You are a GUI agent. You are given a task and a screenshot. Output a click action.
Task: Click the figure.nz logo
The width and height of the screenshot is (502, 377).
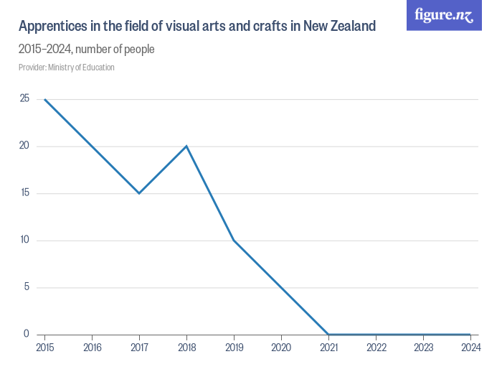coord(444,15)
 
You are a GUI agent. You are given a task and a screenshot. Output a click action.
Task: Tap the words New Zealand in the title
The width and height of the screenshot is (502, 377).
coord(339,27)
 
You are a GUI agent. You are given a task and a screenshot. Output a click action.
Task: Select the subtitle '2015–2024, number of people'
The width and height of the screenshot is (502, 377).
coord(87,50)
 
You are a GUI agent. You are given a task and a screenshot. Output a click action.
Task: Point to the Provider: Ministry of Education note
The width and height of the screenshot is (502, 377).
coord(67,68)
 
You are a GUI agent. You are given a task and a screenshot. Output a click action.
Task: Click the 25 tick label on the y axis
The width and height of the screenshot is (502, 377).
coord(24,99)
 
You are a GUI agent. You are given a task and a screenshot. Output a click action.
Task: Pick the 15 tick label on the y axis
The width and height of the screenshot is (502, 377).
coord(24,193)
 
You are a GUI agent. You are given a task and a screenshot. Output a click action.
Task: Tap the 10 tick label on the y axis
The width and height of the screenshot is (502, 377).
coord(24,240)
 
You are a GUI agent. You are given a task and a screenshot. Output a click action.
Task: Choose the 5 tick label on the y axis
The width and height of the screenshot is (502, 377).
coord(27,287)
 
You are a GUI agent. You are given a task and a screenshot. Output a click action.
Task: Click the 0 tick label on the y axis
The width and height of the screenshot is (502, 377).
coord(27,334)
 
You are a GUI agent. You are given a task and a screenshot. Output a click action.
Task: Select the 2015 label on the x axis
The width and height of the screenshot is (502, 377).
coord(44,348)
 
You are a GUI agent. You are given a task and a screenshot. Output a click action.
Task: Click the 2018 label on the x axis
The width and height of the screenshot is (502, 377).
coord(186,348)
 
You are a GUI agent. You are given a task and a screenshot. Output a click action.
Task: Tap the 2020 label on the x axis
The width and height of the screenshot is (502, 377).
coord(281,348)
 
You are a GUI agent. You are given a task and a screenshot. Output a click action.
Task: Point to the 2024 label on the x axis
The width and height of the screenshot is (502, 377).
coord(470,348)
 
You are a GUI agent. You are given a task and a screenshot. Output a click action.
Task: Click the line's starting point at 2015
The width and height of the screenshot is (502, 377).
coord(44,99)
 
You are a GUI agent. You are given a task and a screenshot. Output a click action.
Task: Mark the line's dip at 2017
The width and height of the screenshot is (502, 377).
coord(139,193)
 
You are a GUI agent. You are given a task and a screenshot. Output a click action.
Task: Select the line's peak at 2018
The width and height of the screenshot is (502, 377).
coord(186,146)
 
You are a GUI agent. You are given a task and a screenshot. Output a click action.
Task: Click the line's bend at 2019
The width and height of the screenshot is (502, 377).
coord(234,240)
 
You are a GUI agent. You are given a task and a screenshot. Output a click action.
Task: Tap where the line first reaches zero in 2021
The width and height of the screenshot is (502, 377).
coord(328,334)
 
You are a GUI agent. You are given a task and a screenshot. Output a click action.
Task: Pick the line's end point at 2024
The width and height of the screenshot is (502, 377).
coord(470,334)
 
